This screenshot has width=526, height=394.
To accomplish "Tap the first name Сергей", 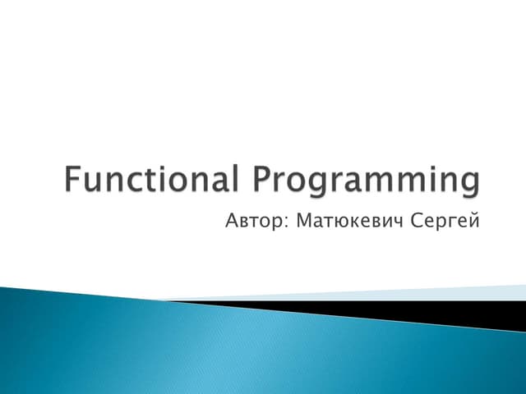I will pyautogui.click(x=445, y=221).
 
